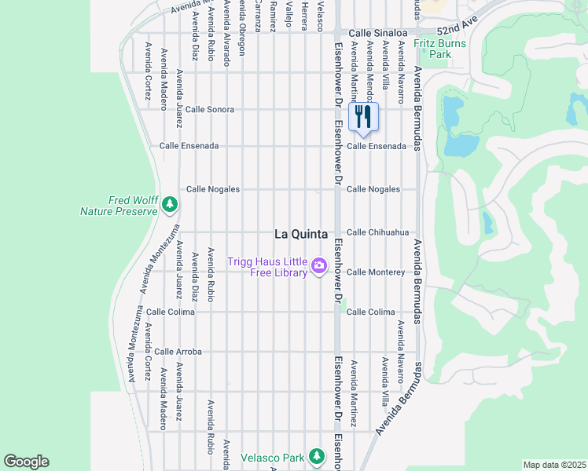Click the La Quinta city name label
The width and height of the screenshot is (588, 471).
300,233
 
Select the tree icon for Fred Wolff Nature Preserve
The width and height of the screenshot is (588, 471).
169,205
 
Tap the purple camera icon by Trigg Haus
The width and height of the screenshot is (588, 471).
319,266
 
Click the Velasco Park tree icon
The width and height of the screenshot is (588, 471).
316,456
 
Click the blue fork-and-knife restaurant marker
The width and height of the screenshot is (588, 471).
362,118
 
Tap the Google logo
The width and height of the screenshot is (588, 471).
26,462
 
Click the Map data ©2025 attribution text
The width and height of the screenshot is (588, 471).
554,465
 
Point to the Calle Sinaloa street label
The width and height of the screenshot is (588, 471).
377,33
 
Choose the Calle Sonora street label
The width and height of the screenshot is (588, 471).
209,109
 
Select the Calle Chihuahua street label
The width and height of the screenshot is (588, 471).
378,232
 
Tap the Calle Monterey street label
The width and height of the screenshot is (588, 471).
376,272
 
